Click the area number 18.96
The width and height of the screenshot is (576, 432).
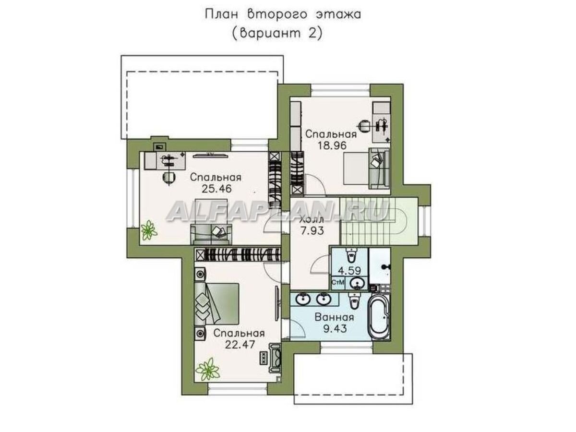pos(331,145)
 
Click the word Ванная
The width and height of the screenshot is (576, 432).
pos(335,317)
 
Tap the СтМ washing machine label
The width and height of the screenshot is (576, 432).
pos(338,282)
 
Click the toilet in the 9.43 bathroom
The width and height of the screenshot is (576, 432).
pos(354,301)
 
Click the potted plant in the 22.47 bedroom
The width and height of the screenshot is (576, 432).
pos(208,369)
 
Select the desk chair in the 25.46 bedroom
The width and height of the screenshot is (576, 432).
pos(168,177)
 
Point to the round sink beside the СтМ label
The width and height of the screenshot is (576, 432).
pos(356,282)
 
